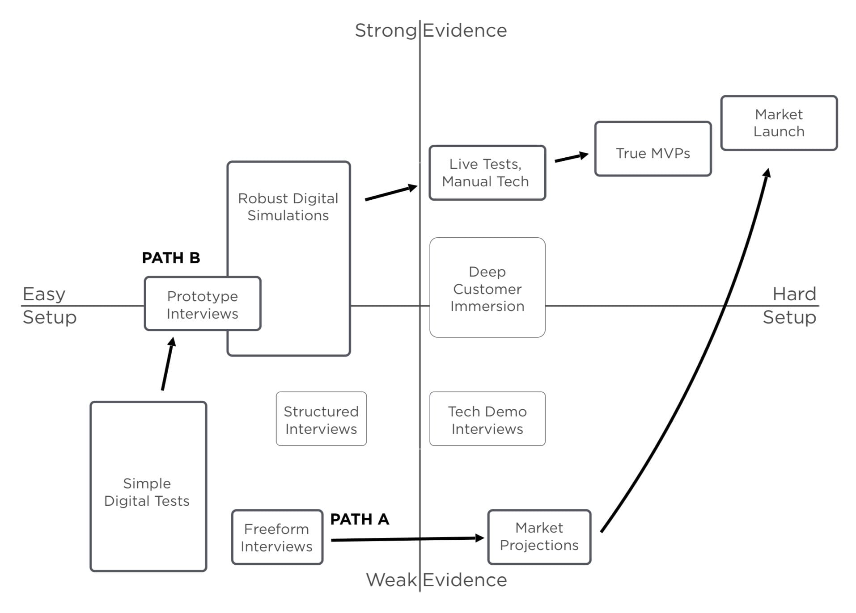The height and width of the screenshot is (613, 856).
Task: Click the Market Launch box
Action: [779, 123]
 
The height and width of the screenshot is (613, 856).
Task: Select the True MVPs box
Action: [653, 149]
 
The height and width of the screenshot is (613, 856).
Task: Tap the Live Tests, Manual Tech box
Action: [487, 172]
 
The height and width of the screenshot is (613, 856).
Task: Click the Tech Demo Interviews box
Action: [487, 419]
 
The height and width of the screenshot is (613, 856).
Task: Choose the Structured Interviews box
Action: [321, 419]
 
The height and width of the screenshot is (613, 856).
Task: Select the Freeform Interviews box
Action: [277, 537]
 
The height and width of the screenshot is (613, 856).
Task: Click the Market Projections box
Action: [539, 537]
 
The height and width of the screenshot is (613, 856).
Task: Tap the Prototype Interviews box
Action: [203, 304]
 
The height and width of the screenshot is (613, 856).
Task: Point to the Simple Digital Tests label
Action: [147, 492]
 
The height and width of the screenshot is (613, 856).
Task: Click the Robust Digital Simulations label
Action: [288, 207]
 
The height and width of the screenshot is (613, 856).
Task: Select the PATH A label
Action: [360, 519]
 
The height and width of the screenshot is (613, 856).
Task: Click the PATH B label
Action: [171, 258]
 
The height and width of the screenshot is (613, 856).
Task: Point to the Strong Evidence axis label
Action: [431, 30]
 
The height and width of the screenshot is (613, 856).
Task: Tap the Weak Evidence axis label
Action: [436, 580]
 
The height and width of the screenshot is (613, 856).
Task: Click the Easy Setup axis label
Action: [49, 306]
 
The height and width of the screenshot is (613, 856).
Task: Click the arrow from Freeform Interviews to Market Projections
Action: [407, 539]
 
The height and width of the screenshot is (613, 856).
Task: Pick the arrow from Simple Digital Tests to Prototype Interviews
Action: [168, 364]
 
